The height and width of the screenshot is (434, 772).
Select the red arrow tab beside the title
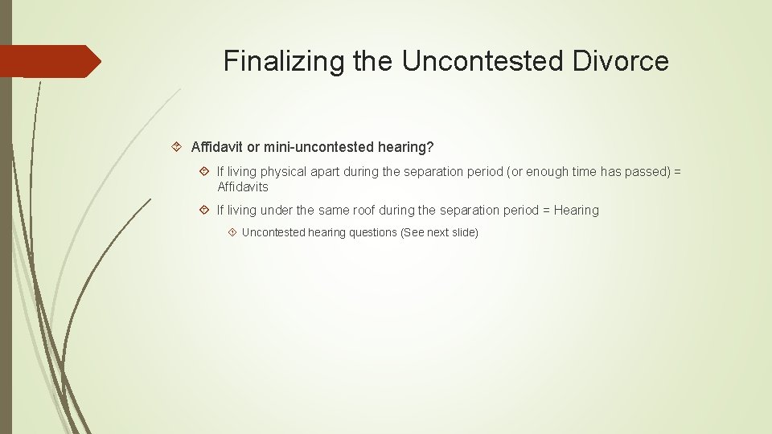[x=51, y=61]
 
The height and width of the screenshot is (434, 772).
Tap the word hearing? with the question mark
[x=405, y=147]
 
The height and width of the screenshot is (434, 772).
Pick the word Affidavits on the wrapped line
[x=243, y=186]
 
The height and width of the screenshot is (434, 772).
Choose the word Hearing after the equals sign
[x=576, y=211]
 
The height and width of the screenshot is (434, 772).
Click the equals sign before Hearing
[x=546, y=211]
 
